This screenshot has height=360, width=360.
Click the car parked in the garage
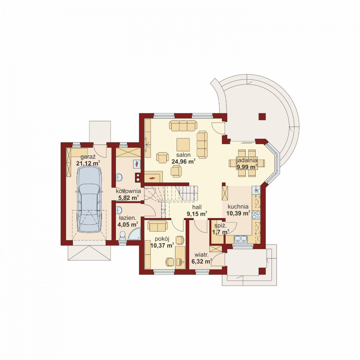89,199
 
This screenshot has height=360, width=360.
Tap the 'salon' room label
183,155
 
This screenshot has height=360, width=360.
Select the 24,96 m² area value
183,161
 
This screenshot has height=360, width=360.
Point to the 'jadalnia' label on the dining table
247,160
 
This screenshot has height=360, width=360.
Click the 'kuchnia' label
238,206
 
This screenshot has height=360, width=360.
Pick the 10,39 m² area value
238,213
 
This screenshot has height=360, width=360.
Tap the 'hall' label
197,207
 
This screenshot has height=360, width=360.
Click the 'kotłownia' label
128,191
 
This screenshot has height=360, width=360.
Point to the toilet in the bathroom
122,236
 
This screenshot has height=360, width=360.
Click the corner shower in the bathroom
134,234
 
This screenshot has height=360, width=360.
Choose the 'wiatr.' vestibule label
201,255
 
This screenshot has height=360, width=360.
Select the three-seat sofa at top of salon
183,125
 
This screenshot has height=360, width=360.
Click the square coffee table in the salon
183,145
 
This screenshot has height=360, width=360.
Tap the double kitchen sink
240,239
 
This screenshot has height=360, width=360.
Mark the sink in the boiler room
119,177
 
